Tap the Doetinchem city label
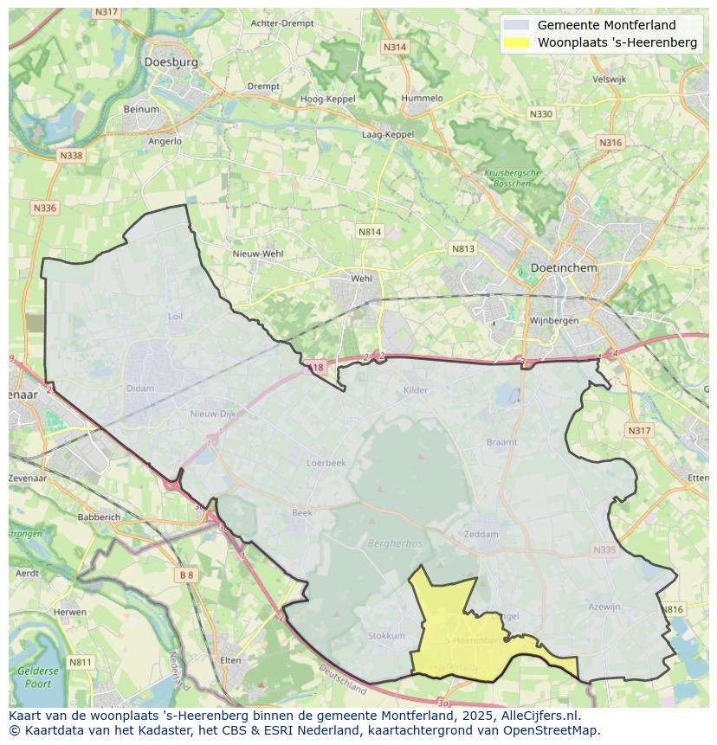(564, 268)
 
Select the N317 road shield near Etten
(639, 431)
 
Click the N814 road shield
(370, 232)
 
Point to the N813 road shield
(463, 249)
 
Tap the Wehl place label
(361, 279)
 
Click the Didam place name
(139, 389)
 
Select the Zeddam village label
(481, 534)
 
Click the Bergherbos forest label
(394, 545)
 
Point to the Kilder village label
(416, 390)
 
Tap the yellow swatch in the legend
(516, 42)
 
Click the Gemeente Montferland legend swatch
(516, 25)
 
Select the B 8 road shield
(187, 575)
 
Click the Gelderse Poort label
(38, 677)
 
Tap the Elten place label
(231, 660)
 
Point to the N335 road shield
(604, 549)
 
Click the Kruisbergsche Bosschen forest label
(512, 178)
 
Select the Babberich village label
(100, 517)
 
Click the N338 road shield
(71, 156)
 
